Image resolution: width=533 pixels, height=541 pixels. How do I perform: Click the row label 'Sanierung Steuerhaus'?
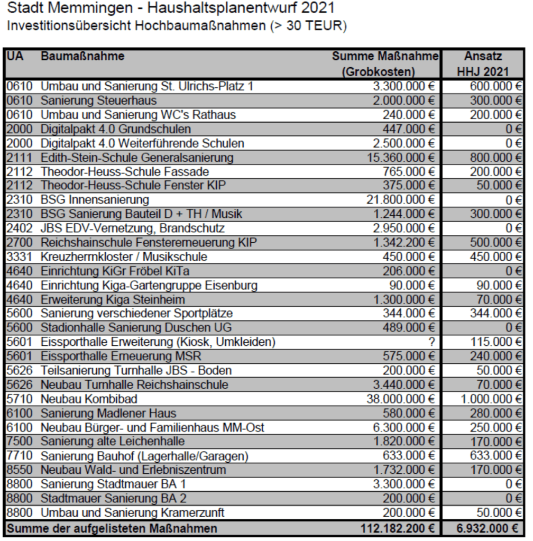pyautogui.click(x=98, y=99)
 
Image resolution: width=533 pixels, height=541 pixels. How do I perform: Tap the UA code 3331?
pyautogui.click(x=19, y=256)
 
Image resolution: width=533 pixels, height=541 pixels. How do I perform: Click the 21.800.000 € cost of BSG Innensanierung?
pyautogui.click(x=400, y=199)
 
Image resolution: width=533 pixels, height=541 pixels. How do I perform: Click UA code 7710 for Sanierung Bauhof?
pyautogui.click(x=19, y=456)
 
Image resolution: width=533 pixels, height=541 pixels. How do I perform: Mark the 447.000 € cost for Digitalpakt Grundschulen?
pyautogui.click(x=409, y=128)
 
